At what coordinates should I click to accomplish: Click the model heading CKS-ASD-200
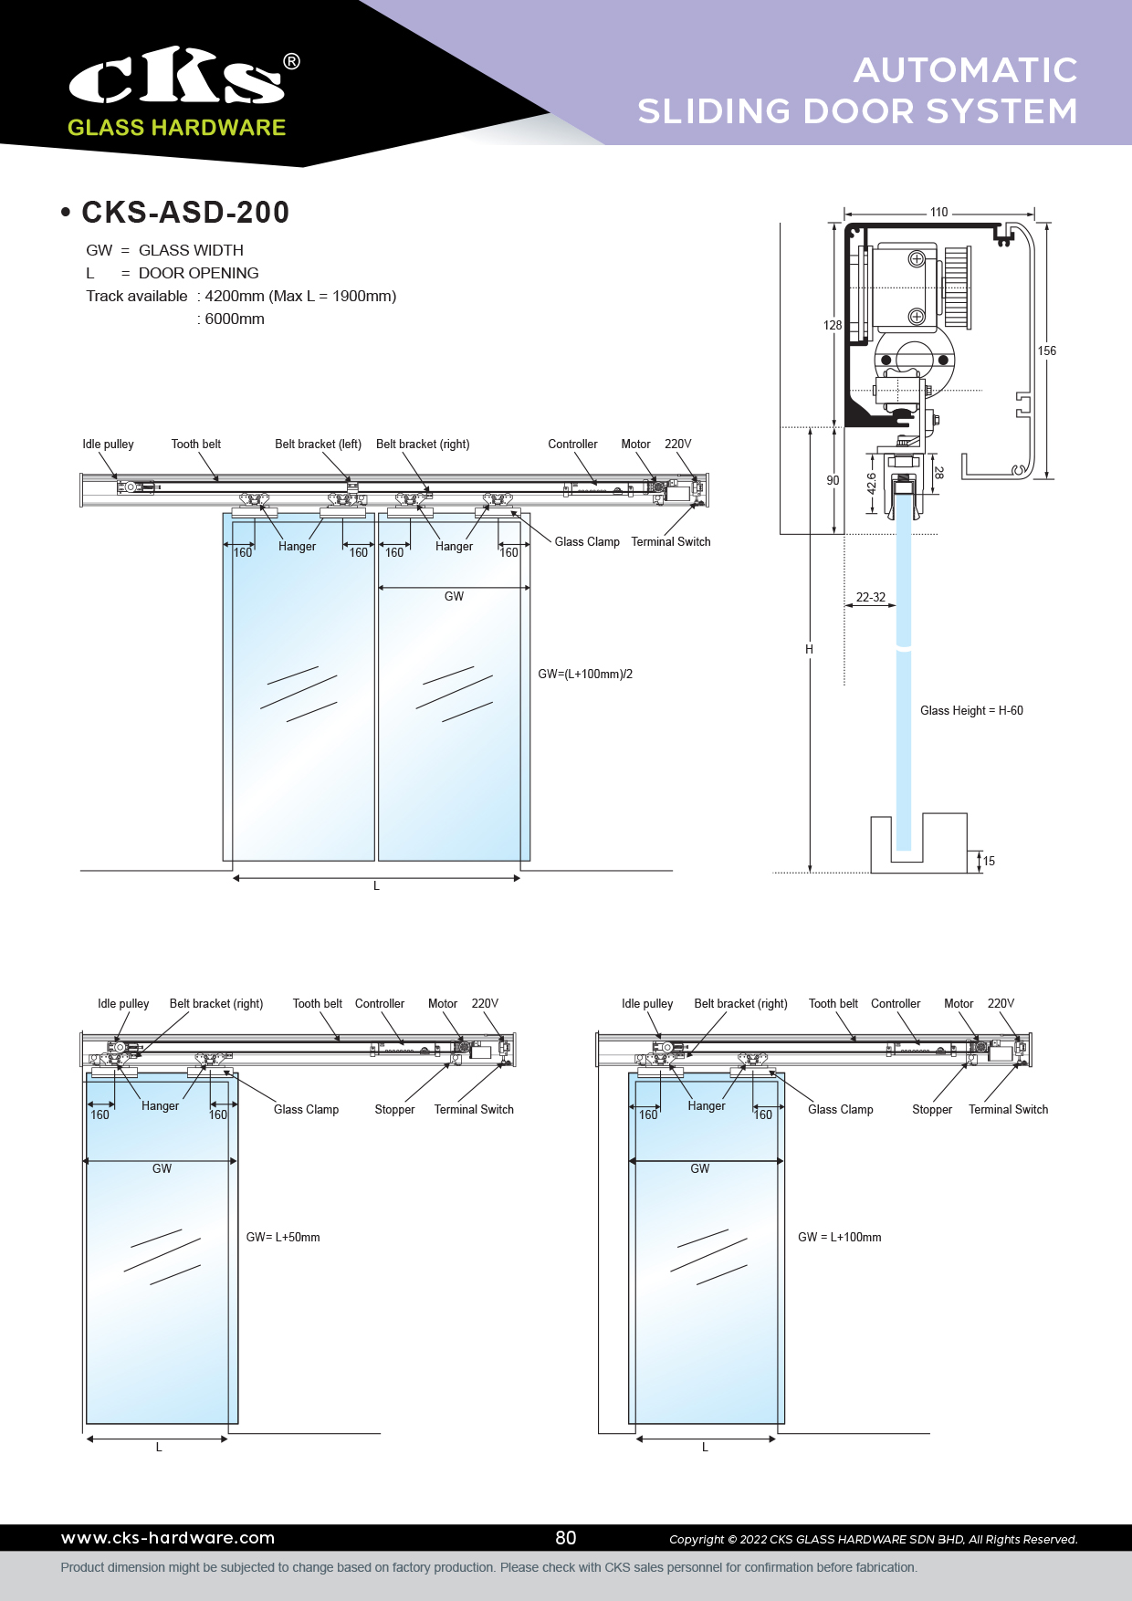point(185,213)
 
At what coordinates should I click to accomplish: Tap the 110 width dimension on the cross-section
point(938,212)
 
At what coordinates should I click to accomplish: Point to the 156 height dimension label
point(1046,351)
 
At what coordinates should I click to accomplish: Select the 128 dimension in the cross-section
point(833,325)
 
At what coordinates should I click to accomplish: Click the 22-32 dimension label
point(870,597)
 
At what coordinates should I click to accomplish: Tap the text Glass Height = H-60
point(971,710)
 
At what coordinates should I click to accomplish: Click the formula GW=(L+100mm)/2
point(585,674)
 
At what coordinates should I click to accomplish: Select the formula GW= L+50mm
point(283,1237)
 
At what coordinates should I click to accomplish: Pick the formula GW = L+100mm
point(839,1237)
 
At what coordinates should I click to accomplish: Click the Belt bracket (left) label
point(318,444)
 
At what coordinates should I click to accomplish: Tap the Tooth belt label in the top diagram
point(196,444)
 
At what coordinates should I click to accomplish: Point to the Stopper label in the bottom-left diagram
point(394,1109)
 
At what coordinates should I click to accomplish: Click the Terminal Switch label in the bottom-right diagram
point(1008,1109)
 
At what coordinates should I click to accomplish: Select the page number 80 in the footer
point(566,1538)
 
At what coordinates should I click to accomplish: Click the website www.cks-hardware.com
point(168,1538)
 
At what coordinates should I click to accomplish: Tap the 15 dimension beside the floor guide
point(989,861)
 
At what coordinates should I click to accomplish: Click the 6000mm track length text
point(235,319)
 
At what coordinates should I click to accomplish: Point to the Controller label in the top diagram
point(572,444)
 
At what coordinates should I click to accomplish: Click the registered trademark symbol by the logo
point(291,61)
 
